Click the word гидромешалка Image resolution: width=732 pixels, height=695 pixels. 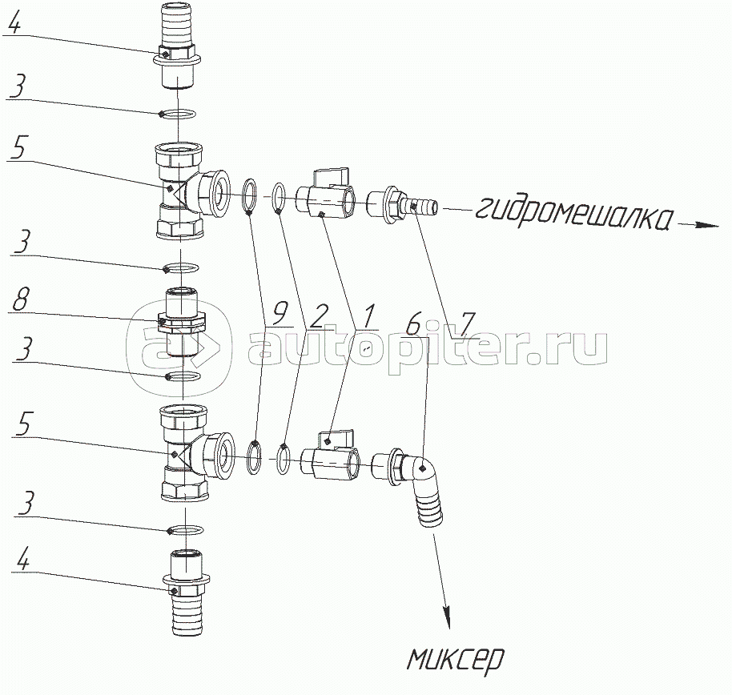[575, 215]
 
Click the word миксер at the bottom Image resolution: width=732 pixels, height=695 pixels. [456, 660]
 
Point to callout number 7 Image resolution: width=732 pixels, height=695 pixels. [467, 323]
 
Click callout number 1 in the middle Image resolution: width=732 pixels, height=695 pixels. [368, 316]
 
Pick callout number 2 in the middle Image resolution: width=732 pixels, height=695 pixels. [320, 317]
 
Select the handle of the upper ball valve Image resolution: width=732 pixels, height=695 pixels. [331, 178]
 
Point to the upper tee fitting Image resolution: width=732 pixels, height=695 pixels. [191, 191]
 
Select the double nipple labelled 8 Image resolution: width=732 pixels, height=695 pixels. [182, 323]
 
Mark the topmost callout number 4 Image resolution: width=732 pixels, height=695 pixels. [14, 22]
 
